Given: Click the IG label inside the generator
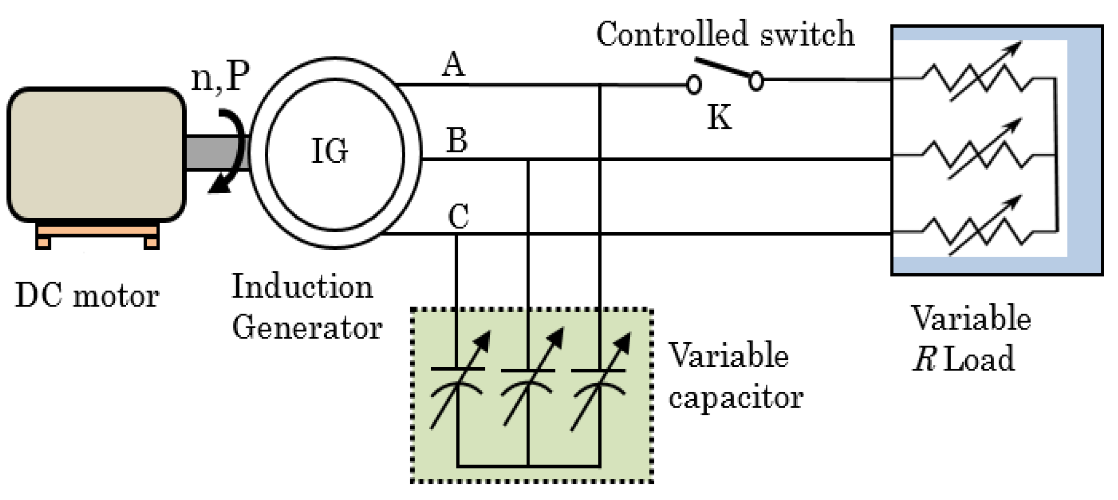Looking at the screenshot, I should click(x=330, y=151).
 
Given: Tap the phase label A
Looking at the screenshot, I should click(x=453, y=65).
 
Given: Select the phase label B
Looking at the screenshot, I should click(x=457, y=141).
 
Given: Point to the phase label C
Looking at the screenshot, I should click(x=458, y=216).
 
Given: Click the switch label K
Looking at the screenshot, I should click(x=719, y=118).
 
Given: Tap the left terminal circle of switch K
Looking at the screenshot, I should click(x=694, y=85).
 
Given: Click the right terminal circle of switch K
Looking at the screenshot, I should click(x=756, y=81).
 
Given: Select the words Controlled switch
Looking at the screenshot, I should click(x=725, y=34).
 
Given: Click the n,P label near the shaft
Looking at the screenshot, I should click(x=220, y=77).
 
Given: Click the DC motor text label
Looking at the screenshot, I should click(x=87, y=295).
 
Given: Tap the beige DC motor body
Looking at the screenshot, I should click(x=96, y=154).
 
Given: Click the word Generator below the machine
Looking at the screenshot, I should click(x=307, y=327).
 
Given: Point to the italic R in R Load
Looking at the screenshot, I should click(x=923, y=359).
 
